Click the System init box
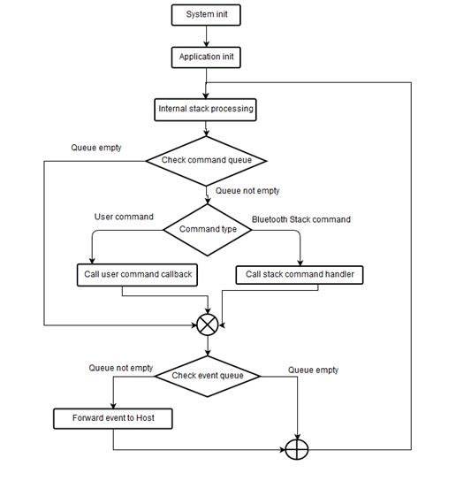tap(206, 15)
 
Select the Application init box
tap(206, 57)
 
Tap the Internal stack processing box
tap(206, 110)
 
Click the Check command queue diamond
tap(206, 160)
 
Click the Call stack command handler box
tap(300, 274)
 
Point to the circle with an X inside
tap(207, 324)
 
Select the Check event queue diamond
tap(207, 376)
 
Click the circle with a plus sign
tap(298, 448)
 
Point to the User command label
tap(124, 217)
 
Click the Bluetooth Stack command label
tap(300, 219)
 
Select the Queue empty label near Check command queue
tap(96, 148)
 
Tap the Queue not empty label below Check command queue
tap(248, 190)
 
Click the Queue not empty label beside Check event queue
tap(121, 368)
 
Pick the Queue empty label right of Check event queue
tap(313, 370)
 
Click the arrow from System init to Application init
tap(206, 36)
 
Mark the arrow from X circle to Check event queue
tap(207, 347)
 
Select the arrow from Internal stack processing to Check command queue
tap(206, 128)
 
